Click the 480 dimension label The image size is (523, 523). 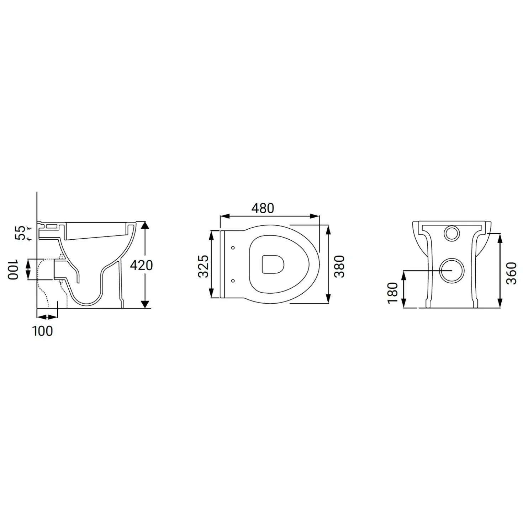point(263,208)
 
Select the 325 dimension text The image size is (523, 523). point(203,266)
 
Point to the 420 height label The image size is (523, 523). point(141,266)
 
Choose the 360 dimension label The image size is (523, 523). point(512,273)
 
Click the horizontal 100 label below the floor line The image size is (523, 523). point(43,331)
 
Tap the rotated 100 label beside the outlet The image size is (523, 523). point(13,269)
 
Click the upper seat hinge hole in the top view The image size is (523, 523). point(233,248)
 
